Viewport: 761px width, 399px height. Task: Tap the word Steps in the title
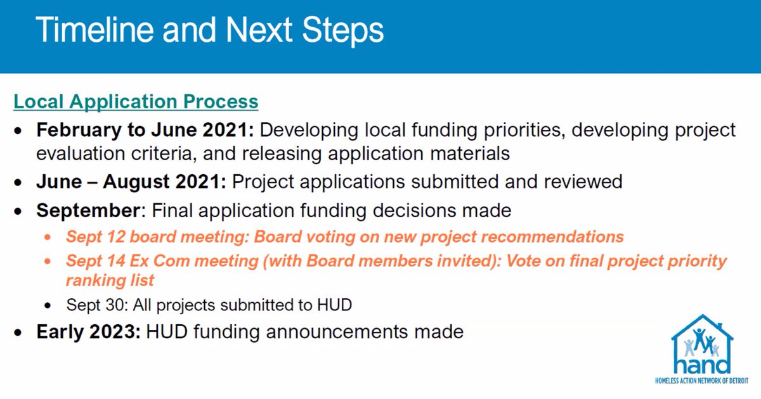pyautogui.click(x=343, y=31)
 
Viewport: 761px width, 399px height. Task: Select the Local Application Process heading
pyautogui.click(x=136, y=102)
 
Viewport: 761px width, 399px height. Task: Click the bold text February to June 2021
pyautogui.click(x=145, y=130)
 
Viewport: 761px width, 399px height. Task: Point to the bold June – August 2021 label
pyautogui.click(x=131, y=182)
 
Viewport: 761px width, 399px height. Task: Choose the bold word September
pyautogui.click(x=88, y=211)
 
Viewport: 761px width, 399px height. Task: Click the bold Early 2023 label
pyautogui.click(x=88, y=331)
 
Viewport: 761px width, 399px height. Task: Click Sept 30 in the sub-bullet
pyautogui.click(x=97, y=305)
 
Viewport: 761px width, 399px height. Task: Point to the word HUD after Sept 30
pyautogui.click(x=334, y=305)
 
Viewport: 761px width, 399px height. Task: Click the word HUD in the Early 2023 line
pyautogui.click(x=166, y=332)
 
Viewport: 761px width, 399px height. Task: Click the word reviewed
pyautogui.click(x=583, y=182)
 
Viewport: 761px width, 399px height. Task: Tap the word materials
pyautogui.click(x=470, y=154)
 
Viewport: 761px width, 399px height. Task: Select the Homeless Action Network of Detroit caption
pyautogui.click(x=701, y=381)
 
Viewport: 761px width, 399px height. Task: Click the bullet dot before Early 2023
pyautogui.click(x=18, y=332)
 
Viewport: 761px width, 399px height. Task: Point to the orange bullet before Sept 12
pyautogui.click(x=48, y=237)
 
